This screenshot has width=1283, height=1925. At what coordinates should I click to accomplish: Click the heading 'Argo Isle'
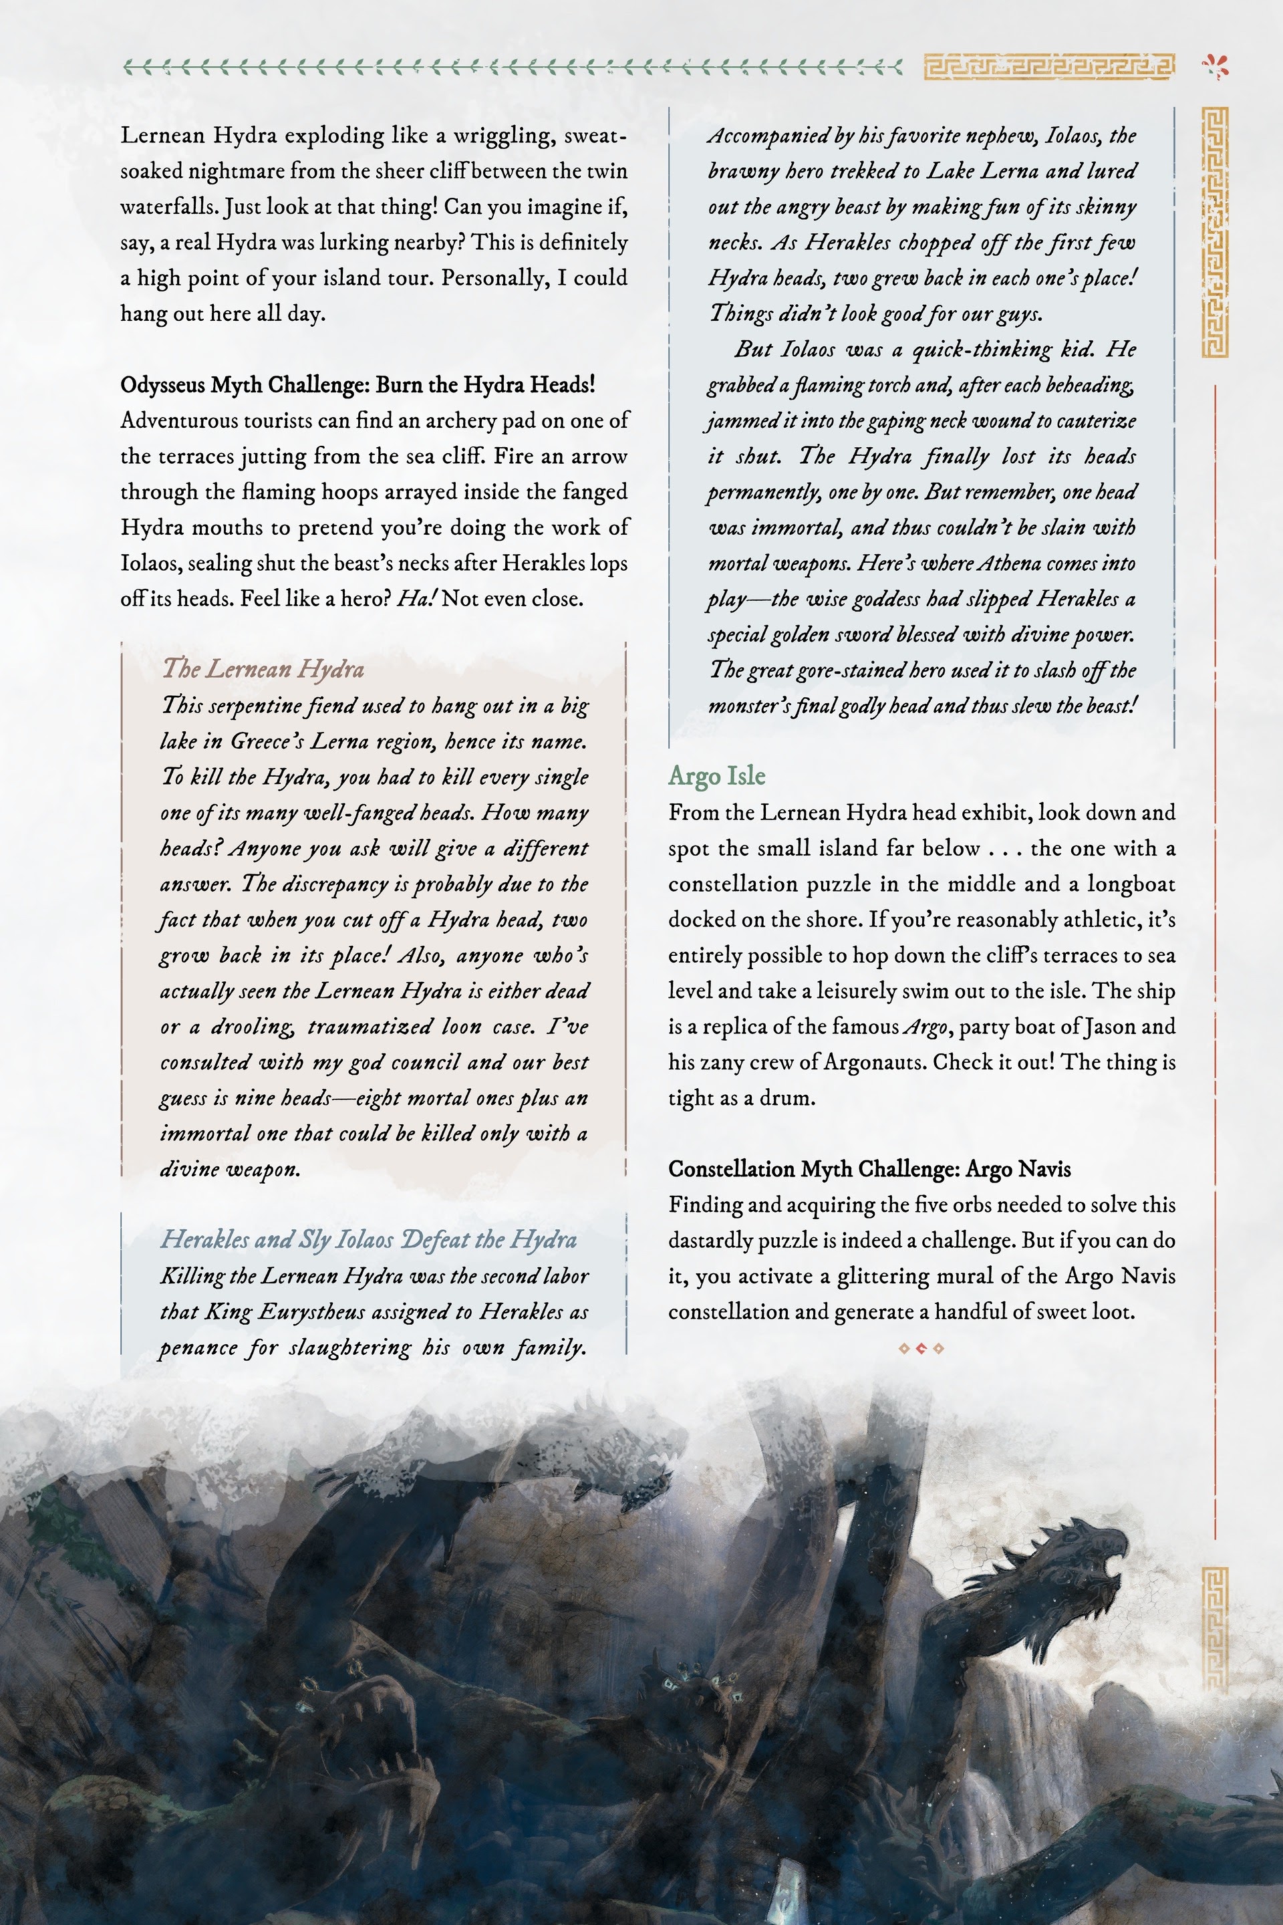(717, 776)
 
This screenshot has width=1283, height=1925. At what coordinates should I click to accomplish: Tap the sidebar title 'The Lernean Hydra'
(263, 670)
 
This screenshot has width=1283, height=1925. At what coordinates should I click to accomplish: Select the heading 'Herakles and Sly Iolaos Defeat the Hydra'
(368, 1239)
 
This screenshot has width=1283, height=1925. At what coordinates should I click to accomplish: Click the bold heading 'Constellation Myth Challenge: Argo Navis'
(869, 1169)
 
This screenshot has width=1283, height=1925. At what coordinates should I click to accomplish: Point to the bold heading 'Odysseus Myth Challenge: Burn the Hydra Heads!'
(358, 385)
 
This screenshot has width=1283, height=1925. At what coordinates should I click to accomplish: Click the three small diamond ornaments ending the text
(921, 1348)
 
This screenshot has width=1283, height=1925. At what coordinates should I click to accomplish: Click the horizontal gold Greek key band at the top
(1049, 67)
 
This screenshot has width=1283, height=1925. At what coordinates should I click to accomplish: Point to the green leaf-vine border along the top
(511, 67)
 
